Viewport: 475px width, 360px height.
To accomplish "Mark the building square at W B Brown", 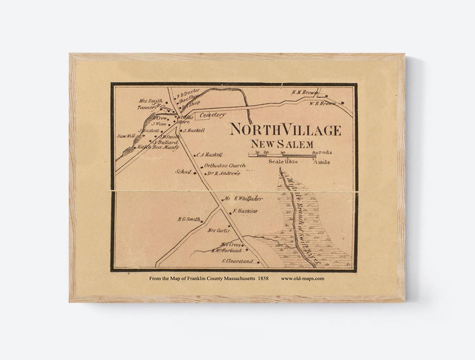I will click(342, 103).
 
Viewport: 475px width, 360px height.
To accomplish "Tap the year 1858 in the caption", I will click(263, 278).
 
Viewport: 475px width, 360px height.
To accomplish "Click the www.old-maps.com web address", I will click(302, 278).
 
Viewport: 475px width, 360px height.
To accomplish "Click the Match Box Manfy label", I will click(158, 147).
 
